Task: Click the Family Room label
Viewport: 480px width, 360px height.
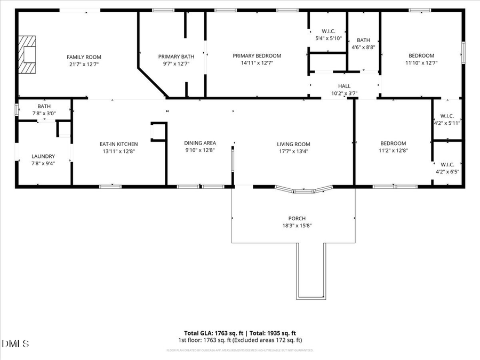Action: pos(84,57)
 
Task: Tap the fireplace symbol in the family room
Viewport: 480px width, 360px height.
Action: pos(27,54)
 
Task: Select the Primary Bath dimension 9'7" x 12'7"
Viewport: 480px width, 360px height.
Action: pos(176,63)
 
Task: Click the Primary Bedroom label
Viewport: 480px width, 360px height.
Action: pos(257,55)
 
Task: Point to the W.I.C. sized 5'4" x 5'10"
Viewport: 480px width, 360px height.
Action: pos(328,35)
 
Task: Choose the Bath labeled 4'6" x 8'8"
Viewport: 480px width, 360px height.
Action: pos(363,43)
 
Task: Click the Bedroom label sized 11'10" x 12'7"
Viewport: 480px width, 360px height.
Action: pos(421,55)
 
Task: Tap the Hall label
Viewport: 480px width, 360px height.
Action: pos(344,86)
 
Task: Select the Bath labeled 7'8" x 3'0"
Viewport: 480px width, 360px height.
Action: pos(44,109)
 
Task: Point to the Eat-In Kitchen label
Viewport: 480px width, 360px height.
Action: pos(119,144)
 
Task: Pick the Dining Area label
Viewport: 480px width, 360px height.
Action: pos(200,143)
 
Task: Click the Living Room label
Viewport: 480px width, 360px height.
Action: pos(293,144)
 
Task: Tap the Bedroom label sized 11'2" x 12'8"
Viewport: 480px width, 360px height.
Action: pos(393,143)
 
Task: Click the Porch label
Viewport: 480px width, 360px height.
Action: pos(297,219)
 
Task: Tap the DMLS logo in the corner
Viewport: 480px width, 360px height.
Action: pos(16,343)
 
